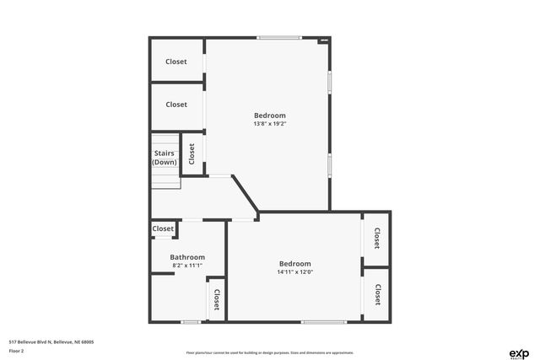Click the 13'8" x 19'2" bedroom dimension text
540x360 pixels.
coord(270,124)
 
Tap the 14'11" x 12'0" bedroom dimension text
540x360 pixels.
coord(295,272)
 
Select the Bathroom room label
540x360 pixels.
coord(187,257)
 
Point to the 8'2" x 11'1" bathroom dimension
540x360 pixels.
coord(187,266)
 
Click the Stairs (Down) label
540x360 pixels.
coord(165,157)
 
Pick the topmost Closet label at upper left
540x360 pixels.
coord(176,62)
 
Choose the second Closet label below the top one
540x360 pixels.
coord(176,105)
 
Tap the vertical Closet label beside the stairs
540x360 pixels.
coord(192,153)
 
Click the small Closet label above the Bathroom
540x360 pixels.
coord(163,228)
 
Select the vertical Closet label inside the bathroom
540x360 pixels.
coord(216,299)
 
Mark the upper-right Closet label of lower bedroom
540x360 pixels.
coord(377,239)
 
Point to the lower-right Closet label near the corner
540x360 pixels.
coord(377,293)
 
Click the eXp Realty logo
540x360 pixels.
coord(518,352)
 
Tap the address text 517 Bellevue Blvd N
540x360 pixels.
coord(51,341)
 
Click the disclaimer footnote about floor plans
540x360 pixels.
coord(270,352)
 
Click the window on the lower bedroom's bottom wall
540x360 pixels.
coord(323,321)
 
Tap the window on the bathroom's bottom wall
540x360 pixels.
coord(191,321)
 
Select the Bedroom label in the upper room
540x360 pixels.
coord(270,116)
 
